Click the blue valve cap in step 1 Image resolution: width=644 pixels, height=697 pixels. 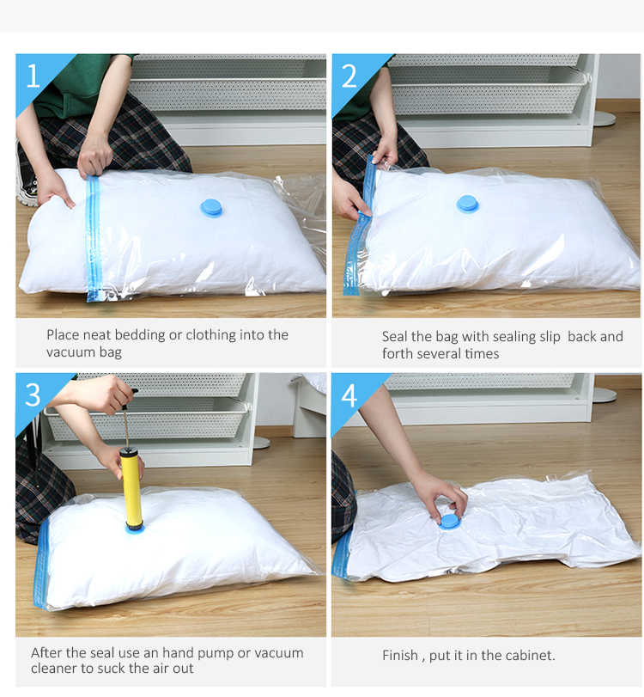211,208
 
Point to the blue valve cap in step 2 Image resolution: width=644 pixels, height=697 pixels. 467,204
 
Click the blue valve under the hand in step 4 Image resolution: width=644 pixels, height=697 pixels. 449,521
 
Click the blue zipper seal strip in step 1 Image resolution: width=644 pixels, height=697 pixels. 94,238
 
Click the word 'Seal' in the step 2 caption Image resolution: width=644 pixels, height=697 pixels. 394,337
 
